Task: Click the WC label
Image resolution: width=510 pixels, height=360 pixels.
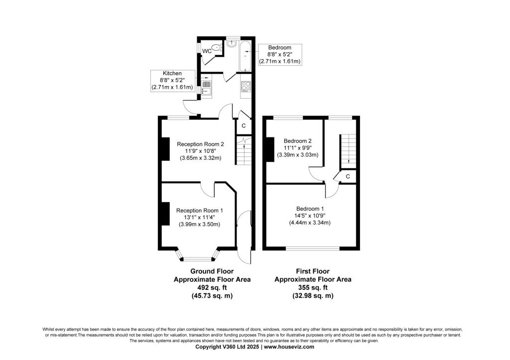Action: pos(207,51)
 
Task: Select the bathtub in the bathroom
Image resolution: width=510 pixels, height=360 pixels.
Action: pos(245,56)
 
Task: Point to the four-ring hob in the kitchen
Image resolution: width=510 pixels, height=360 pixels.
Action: pos(246,87)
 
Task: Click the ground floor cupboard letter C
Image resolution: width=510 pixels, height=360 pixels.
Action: pos(243,126)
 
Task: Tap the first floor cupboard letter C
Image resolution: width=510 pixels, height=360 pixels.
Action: pos(348,177)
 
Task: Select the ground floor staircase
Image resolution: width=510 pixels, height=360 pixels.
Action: pos(244,151)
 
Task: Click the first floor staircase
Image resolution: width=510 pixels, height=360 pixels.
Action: pos(348,151)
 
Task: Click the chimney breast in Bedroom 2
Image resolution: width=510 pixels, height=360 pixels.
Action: pos(270,149)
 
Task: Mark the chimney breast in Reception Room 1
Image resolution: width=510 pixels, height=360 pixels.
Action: pos(165,214)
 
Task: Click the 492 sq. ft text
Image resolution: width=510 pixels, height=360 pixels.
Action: pos(212,288)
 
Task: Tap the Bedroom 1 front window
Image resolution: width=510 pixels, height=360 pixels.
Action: pos(313,248)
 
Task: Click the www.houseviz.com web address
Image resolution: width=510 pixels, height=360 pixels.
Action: pos(289,347)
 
